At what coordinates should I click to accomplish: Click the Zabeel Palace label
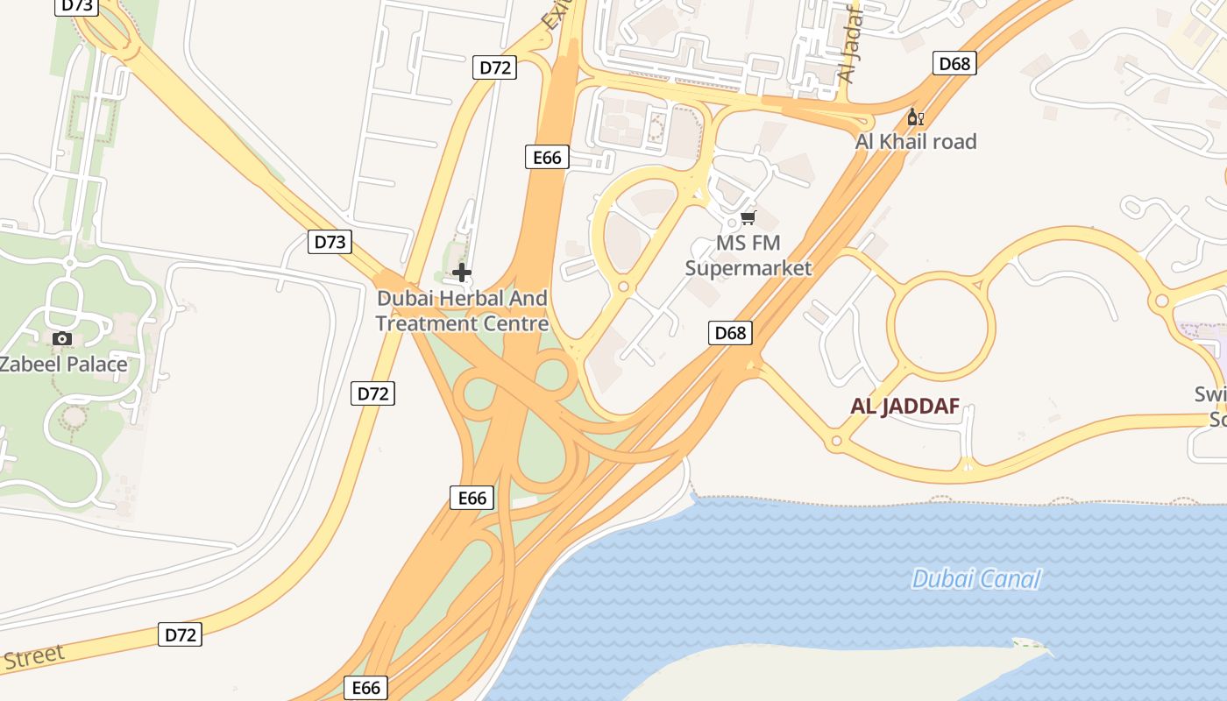63,364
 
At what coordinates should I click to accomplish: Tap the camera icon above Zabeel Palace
61,338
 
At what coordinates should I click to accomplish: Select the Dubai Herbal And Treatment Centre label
462,311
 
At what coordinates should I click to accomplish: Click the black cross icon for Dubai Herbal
462,273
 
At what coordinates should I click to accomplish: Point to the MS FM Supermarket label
748,255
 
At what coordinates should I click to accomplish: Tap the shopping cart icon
748,217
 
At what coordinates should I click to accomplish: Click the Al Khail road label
916,141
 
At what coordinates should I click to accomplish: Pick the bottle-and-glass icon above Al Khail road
915,117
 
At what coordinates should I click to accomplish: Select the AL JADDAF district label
904,406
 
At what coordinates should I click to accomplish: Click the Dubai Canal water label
975,579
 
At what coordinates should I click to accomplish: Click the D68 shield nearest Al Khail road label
954,63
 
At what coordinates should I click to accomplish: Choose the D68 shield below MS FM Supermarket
730,332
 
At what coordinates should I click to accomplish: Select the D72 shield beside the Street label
181,634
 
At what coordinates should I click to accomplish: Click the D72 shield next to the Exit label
494,67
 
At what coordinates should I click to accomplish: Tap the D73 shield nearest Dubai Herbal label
330,241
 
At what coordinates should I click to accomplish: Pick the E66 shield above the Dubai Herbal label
547,157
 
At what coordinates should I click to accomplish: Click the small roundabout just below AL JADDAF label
837,441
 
